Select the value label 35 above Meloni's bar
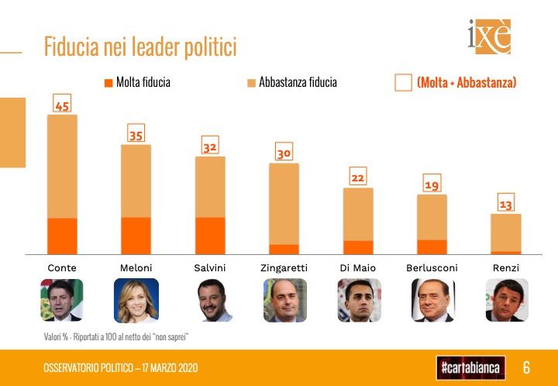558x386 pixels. (136, 134)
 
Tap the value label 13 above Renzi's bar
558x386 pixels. (505, 205)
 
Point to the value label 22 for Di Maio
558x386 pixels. (358, 178)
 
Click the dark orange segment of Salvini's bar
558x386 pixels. (210, 236)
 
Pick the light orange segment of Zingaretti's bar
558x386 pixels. (284, 204)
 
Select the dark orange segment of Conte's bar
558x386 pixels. (62, 236)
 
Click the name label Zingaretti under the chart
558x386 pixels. (284, 267)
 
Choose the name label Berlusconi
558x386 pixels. (432, 267)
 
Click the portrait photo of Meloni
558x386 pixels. (136, 300)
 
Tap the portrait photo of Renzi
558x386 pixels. (506, 300)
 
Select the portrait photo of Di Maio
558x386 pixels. (359, 300)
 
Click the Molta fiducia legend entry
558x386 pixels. (137, 82)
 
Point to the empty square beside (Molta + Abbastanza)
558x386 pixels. (403, 83)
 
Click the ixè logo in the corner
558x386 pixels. (489, 36)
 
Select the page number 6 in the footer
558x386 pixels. (526, 367)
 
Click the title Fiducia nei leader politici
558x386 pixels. (140, 47)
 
